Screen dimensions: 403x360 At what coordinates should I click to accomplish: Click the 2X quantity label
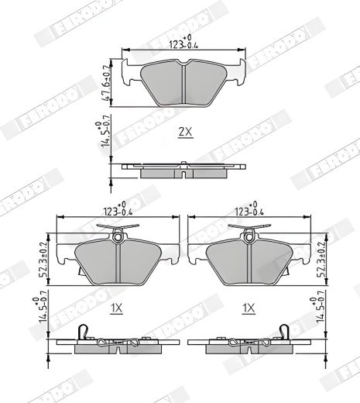coord(184,132)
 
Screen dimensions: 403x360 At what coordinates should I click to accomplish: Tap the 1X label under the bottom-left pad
coord(117,308)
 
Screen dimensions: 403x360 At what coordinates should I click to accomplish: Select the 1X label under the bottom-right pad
coord(249,308)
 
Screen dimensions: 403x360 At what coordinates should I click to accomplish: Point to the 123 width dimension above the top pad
coord(183,44)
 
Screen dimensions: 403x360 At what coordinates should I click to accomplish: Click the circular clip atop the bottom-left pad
coord(117,235)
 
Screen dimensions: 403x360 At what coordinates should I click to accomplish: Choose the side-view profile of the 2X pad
coord(183,168)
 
